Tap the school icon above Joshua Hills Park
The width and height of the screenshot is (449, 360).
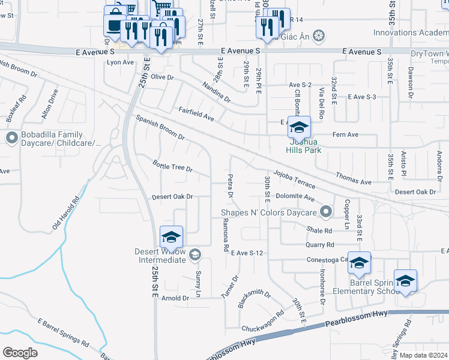click(299, 128)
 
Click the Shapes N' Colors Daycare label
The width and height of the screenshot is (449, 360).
click(268, 212)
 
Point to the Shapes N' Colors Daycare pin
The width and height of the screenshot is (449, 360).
click(326, 212)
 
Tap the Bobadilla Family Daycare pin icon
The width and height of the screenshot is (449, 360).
click(11, 139)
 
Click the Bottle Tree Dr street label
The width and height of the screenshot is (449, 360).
click(172, 166)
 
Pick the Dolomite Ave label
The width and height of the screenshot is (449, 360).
click(295, 197)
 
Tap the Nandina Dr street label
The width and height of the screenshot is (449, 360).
click(216, 92)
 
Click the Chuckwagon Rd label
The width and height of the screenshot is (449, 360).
click(262, 322)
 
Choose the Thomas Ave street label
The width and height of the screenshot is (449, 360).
click(354, 178)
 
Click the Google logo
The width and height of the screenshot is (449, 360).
click(20, 352)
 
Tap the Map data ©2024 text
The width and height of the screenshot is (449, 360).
click(423, 355)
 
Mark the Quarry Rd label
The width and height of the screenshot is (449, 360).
click(319, 245)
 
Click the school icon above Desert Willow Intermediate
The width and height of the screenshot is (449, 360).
click(171, 237)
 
